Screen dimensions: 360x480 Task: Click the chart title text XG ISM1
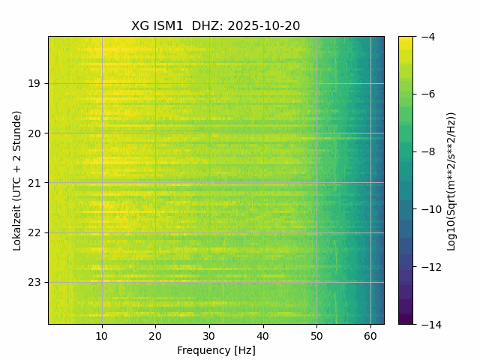pos(157,26)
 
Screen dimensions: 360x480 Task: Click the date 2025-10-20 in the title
pos(265,26)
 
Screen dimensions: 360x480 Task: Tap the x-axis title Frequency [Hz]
pos(216,350)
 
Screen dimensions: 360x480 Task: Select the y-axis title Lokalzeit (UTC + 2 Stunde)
pos(17,180)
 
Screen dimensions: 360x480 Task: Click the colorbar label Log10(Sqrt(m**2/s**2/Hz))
pos(451,180)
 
